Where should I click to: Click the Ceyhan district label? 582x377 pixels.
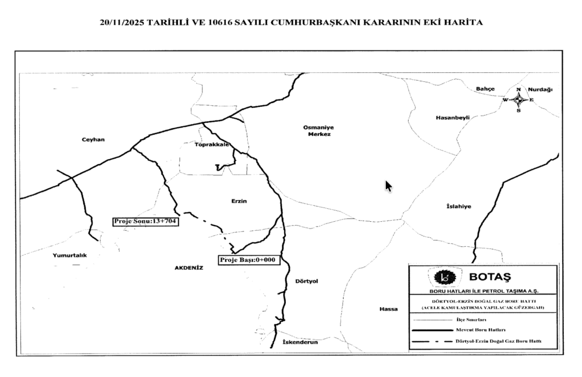click(93, 140)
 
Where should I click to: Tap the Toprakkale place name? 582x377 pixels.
click(212, 144)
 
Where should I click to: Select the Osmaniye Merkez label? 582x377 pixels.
click(317, 131)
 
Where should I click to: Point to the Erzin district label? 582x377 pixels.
click(240, 201)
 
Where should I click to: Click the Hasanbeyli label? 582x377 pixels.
click(452, 118)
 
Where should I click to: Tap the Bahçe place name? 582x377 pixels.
click(485, 89)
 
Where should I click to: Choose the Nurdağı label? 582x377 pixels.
click(540, 90)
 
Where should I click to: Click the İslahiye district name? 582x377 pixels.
click(459, 206)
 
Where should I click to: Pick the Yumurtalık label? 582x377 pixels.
click(69, 255)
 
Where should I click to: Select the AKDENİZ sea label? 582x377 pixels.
click(189, 267)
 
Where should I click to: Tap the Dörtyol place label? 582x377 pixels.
click(307, 281)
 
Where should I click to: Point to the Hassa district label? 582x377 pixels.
click(389, 309)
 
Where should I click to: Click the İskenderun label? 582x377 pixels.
click(300, 342)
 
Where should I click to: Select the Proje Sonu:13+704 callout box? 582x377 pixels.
click(145, 221)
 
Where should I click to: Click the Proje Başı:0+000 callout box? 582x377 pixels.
click(247, 260)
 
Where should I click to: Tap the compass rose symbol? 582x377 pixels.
click(518, 100)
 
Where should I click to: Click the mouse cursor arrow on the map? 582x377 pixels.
click(389, 186)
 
